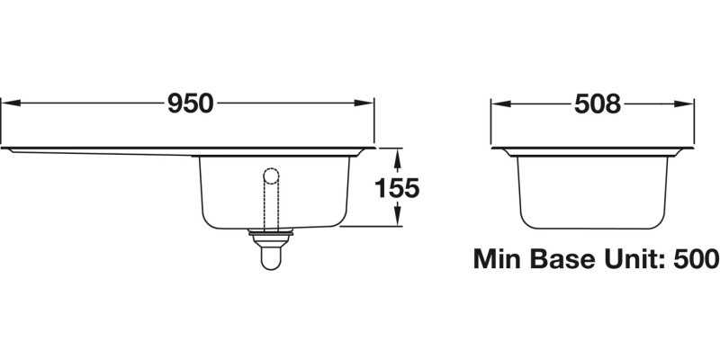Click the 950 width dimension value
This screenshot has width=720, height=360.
pos(190,104)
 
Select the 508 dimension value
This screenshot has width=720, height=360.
pos(597,104)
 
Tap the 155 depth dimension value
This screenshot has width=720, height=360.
pos(397,188)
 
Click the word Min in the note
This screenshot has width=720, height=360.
pos(500,260)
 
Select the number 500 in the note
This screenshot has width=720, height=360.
pos(695,260)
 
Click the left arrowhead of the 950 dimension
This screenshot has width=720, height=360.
pos(5,104)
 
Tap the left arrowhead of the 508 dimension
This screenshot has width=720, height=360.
pos(496,104)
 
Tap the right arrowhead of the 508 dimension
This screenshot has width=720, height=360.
pos(688,104)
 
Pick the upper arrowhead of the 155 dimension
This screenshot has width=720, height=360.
pos(397,152)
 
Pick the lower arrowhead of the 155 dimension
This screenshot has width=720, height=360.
pos(397,221)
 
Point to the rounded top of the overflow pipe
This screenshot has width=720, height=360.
pos(270,173)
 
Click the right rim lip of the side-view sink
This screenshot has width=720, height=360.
pos(691,148)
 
